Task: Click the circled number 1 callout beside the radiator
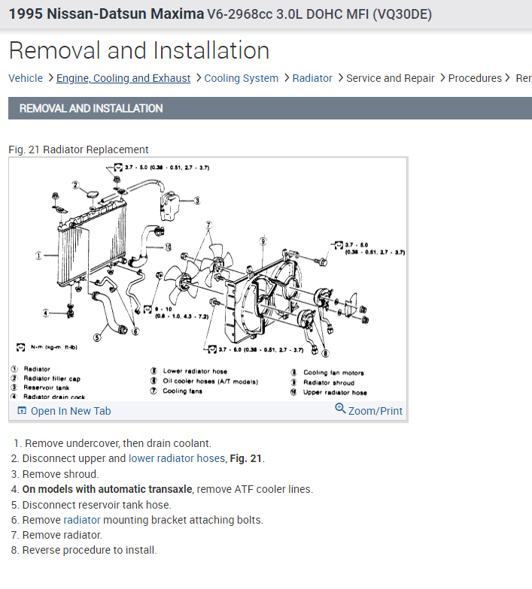click(x=38, y=255)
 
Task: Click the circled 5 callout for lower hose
click(x=98, y=337)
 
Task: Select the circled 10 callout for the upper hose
click(x=167, y=246)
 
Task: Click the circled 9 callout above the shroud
click(x=263, y=240)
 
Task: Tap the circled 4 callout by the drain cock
click(x=45, y=313)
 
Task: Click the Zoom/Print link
click(x=369, y=411)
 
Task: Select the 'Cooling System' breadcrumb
click(x=241, y=78)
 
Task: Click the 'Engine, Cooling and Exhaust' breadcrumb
click(x=123, y=78)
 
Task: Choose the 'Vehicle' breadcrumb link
click(x=26, y=78)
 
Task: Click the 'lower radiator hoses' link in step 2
click(x=176, y=458)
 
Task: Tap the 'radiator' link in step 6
click(x=82, y=520)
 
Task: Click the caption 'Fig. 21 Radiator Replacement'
click(x=78, y=150)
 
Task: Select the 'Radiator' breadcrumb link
click(x=312, y=78)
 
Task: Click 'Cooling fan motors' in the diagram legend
click(x=333, y=373)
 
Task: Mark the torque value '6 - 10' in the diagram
click(x=163, y=309)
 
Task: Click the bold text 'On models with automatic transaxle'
click(x=107, y=489)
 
